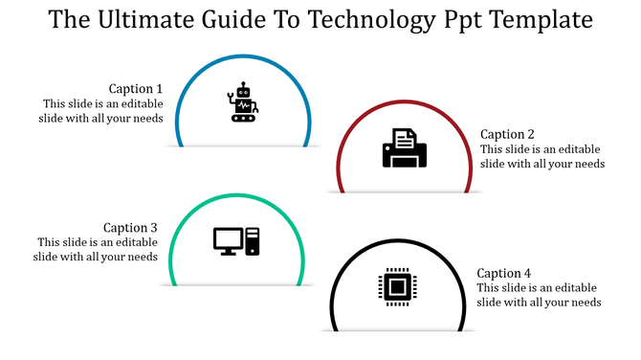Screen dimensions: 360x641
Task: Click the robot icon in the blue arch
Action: click(243, 103)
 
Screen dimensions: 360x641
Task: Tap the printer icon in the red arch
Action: click(404, 148)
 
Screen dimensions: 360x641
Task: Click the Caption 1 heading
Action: click(136, 89)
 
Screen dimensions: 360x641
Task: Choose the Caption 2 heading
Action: click(507, 134)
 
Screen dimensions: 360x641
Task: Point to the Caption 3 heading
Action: click(130, 228)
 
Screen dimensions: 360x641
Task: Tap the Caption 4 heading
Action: click(503, 273)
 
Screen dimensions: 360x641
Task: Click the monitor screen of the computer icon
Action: click(227, 238)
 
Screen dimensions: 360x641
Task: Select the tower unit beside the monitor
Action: click(253, 241)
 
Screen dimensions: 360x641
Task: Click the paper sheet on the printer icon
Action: click(404, 138)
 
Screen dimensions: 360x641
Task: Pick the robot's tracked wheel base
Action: click(244, 118)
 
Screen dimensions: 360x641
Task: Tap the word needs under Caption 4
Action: click(585, 303)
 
